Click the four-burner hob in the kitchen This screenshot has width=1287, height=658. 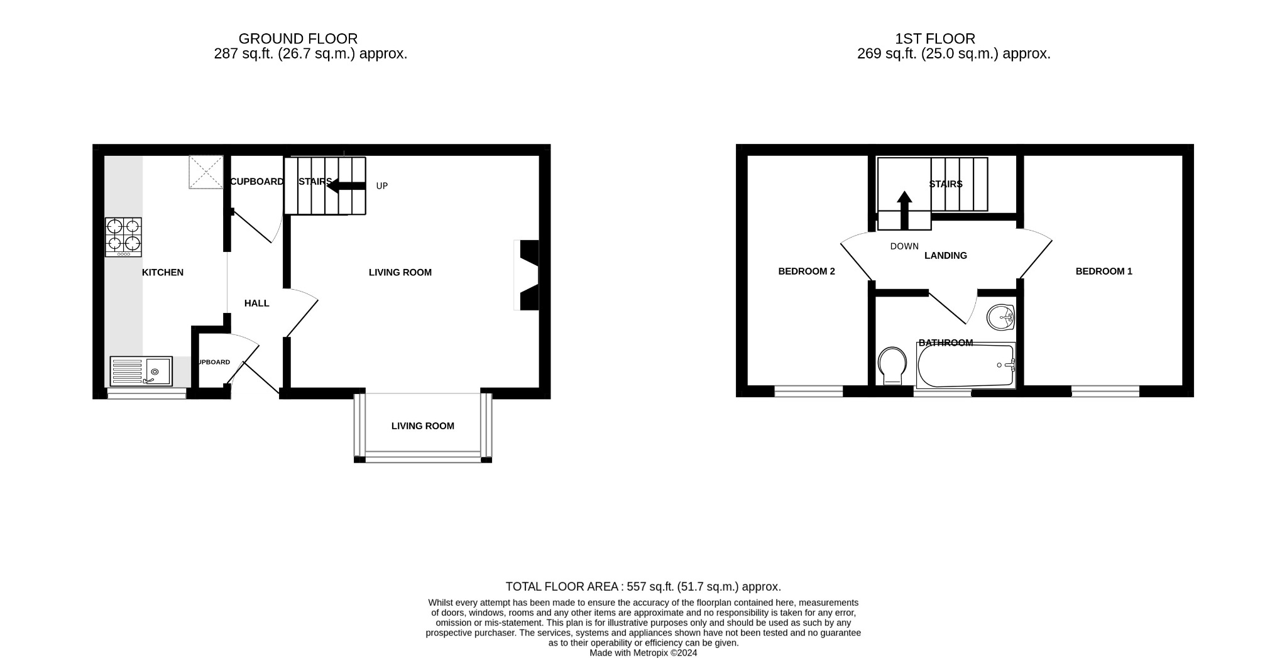123,236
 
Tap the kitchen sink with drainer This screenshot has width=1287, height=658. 141,371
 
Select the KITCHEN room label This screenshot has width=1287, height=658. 163,272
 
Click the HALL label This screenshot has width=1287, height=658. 256,304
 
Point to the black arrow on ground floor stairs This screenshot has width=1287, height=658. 346,185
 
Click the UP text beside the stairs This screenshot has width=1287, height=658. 382,186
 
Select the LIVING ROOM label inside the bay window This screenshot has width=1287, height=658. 422,426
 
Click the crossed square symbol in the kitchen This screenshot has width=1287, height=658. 205,172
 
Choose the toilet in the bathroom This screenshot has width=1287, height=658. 892,366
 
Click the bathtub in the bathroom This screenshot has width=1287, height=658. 965,366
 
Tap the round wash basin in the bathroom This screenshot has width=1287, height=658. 1000,317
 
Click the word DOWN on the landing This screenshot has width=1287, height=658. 904,246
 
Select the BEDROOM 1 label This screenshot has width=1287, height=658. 1104,271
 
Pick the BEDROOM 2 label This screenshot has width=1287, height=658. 806,271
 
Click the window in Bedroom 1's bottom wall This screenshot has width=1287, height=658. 1105,392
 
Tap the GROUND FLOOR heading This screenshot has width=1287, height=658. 298,39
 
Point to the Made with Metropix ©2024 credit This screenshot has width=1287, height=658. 643,653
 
